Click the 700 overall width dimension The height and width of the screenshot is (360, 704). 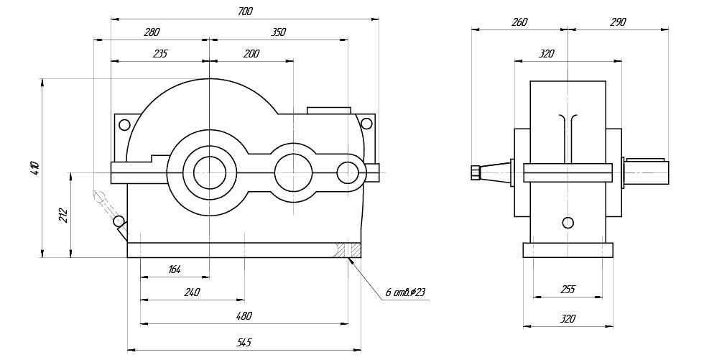click(x=244, y=12)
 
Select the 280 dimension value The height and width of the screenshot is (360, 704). click(x=152, y=32)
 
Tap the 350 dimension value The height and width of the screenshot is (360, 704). click(x=279, y=32)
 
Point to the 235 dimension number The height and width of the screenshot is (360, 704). click(x=159, y=54)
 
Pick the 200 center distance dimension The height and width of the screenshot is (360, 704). click(x=251, y=54)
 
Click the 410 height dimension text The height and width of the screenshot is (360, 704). click(x=34, y=167)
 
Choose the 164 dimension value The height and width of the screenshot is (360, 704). click(x=174, y=269)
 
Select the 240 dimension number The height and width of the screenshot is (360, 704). click(x=191, y=292)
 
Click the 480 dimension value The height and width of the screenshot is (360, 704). click(x=244, y=316)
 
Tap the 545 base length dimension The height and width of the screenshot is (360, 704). click(x=244, y=342)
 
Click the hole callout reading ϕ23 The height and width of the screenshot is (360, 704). click(x=406, y=292)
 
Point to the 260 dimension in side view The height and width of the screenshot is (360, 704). click(x=519, y=22)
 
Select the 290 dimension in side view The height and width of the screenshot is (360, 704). click(x=617, y=22)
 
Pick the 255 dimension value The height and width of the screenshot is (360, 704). click(x=568, y=290)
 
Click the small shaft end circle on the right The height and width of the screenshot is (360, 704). click(x=348, y=172)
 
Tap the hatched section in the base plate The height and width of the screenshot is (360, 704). click(x=353, y=250)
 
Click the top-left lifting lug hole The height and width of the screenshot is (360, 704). click(x=124, y=125)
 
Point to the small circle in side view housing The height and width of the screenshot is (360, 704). click(x=568, y=222)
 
